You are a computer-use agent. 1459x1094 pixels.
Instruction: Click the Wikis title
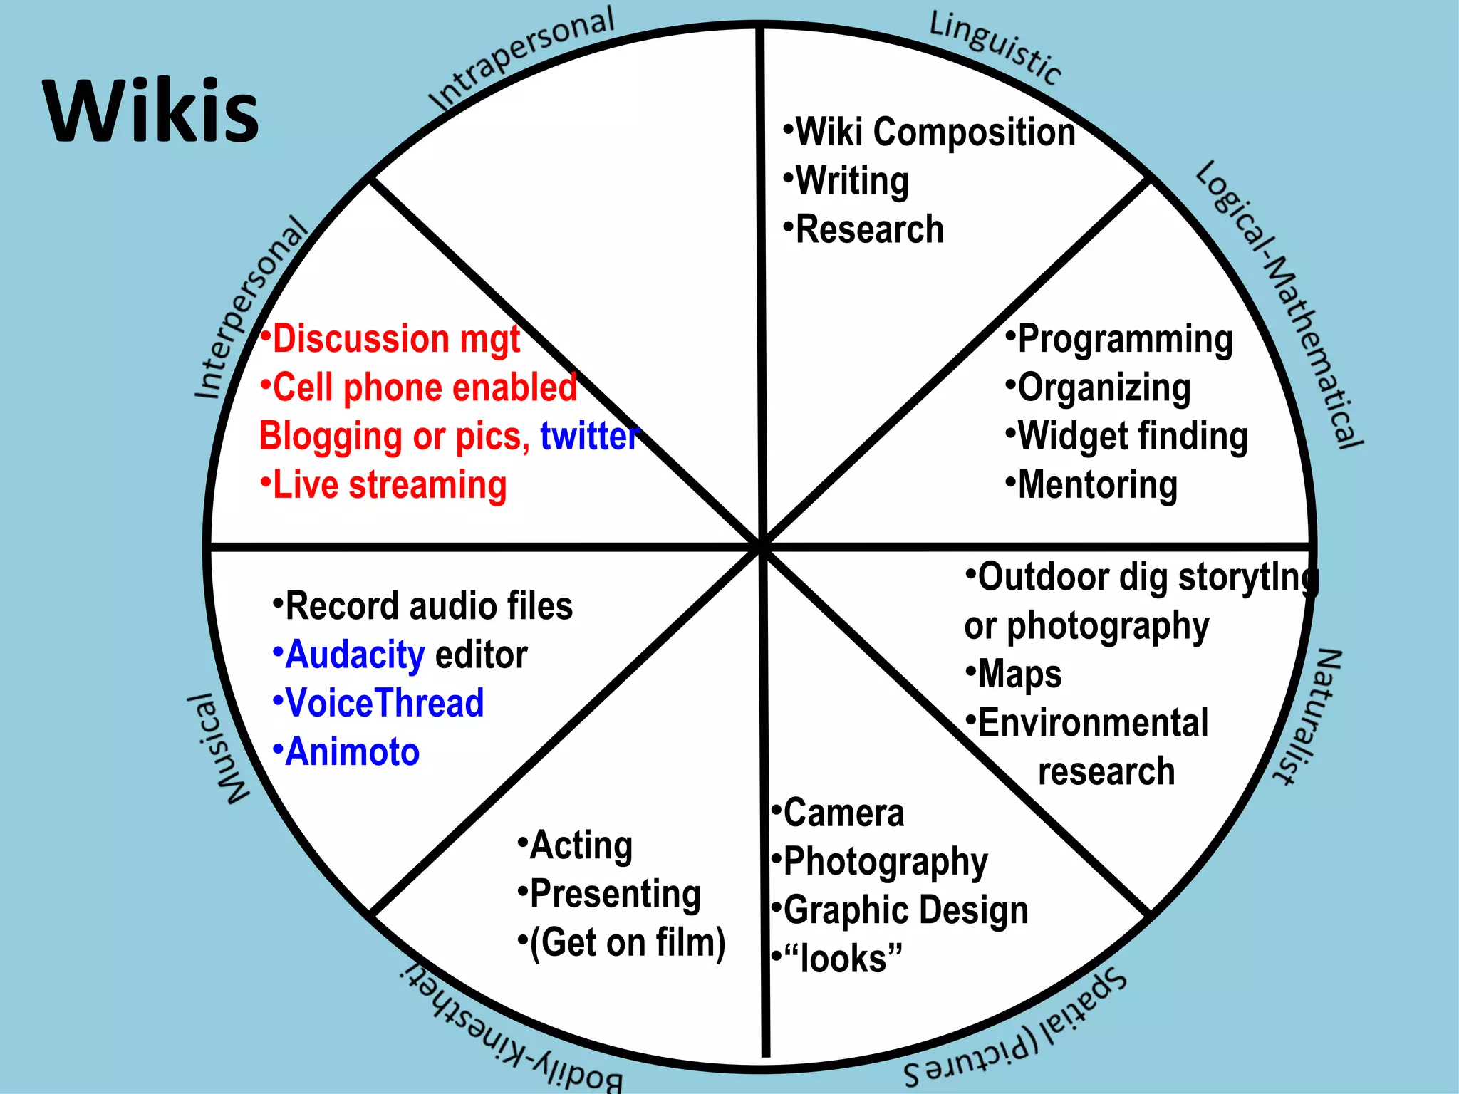[151, 113]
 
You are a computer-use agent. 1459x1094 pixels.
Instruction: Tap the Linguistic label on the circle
[995, 47]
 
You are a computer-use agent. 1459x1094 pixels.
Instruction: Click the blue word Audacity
[355, 655]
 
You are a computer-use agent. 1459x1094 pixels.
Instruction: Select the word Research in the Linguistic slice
[869, 229]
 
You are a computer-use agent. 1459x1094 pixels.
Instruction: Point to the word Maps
[1019, 674]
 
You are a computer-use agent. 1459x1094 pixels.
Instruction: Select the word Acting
[581, 845]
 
